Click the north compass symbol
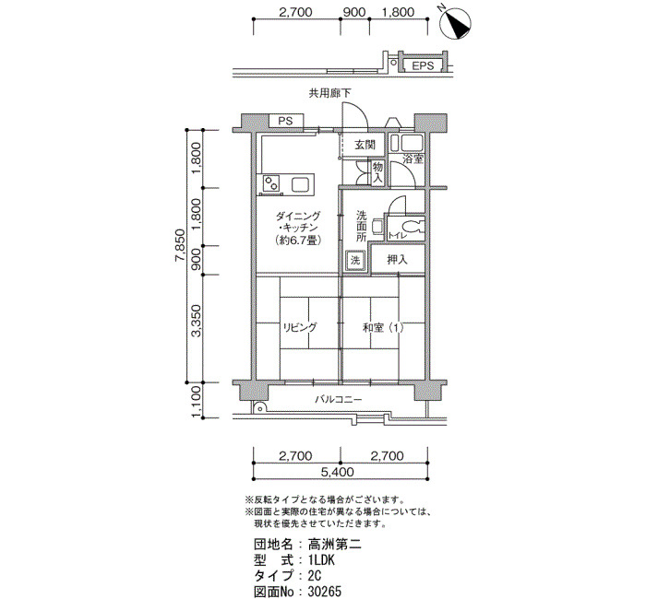pyautogui.click(x=455, y=24)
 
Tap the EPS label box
pyautogui.click(x=423, y=65)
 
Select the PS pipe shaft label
pyautogui.click(x=285, y=121)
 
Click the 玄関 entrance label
pyautogui.click(x=365, y=145)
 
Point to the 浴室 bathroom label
pyautogui.click(x=413, y=159)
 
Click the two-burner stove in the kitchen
pyautogui.click(x=271, y=182)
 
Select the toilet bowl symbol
pyautogui.click(x=411, y=227)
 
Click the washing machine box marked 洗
pyautogui.click(x=355, y=260)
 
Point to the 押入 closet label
pyautogui.click(x=397, y=260)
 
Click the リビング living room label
pyautogui.click(x=300, y=327)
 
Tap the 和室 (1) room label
pyautogui.click(x=383, y=328)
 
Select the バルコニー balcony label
pyautogui.click(x=339, y=399)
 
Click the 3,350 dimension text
pyautogui.click(x=197, y=321)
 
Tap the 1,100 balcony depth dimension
pyautogui.click(x=197, y=401)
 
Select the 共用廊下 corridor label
pyautogui.click(x=330, y=93)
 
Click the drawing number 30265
pyautogui.click(x=325, y=592)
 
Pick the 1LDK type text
pyautogui.click(x=321, y=560)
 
